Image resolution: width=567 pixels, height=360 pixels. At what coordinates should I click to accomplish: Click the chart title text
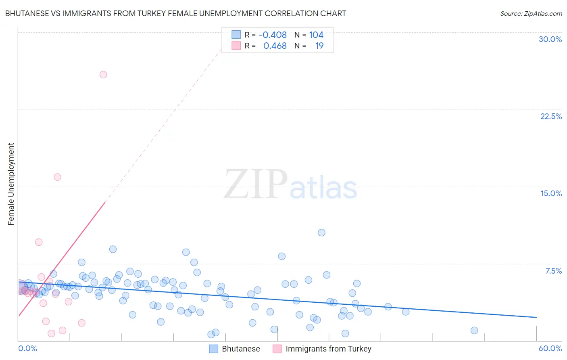175,13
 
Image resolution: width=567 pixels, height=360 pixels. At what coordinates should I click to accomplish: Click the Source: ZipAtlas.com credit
531,13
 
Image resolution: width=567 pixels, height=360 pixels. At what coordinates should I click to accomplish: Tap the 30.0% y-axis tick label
550,39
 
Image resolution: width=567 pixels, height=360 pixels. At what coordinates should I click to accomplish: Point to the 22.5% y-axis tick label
551,116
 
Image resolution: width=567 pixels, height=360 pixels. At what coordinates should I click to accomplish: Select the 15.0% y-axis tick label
551,193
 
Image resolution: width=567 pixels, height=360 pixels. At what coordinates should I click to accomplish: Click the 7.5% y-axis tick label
553,271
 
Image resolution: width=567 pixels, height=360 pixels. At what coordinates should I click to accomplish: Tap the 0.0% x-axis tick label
27,348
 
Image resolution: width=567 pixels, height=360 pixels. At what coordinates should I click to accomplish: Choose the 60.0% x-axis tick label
550,348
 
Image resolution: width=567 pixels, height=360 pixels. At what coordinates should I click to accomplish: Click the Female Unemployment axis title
11,184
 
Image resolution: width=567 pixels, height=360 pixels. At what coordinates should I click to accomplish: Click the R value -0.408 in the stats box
273,35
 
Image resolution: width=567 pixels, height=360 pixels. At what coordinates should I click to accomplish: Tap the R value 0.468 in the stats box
275,46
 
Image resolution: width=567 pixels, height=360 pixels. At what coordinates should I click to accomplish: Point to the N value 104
316,35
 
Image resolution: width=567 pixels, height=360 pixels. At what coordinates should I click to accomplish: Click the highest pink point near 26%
103,75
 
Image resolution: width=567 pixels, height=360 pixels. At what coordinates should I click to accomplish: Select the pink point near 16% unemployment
57,177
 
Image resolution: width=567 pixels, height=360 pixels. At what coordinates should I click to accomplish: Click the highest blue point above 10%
321,232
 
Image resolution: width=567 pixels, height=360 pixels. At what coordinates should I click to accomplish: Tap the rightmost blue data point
474,331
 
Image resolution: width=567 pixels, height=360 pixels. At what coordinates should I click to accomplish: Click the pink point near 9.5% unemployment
39,242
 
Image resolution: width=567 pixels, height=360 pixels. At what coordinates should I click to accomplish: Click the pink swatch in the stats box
236,46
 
